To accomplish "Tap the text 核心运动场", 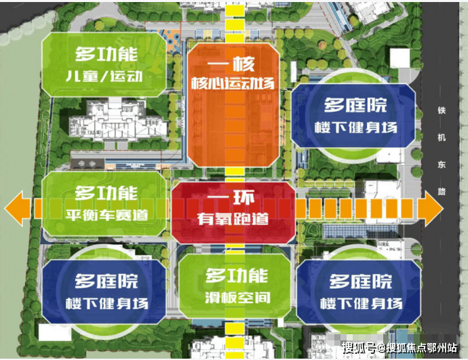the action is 233,83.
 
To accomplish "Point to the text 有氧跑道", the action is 233,218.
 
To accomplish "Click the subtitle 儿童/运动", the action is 104,76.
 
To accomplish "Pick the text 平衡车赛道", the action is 107,215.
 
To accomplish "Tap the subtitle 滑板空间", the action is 237,297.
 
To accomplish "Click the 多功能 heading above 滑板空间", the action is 237,275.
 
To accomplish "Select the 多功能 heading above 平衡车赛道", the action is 106,193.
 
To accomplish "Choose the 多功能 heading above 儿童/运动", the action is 106,54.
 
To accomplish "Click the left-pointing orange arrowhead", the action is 18,208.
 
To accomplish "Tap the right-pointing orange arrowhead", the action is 431,209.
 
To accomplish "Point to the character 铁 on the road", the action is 442,111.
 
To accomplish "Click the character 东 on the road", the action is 442,165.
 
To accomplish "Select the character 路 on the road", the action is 442,191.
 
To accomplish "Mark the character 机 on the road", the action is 442,138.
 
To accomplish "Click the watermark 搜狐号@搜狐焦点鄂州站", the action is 399,348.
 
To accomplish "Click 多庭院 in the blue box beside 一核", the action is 355,105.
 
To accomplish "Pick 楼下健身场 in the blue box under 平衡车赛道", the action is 107,303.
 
